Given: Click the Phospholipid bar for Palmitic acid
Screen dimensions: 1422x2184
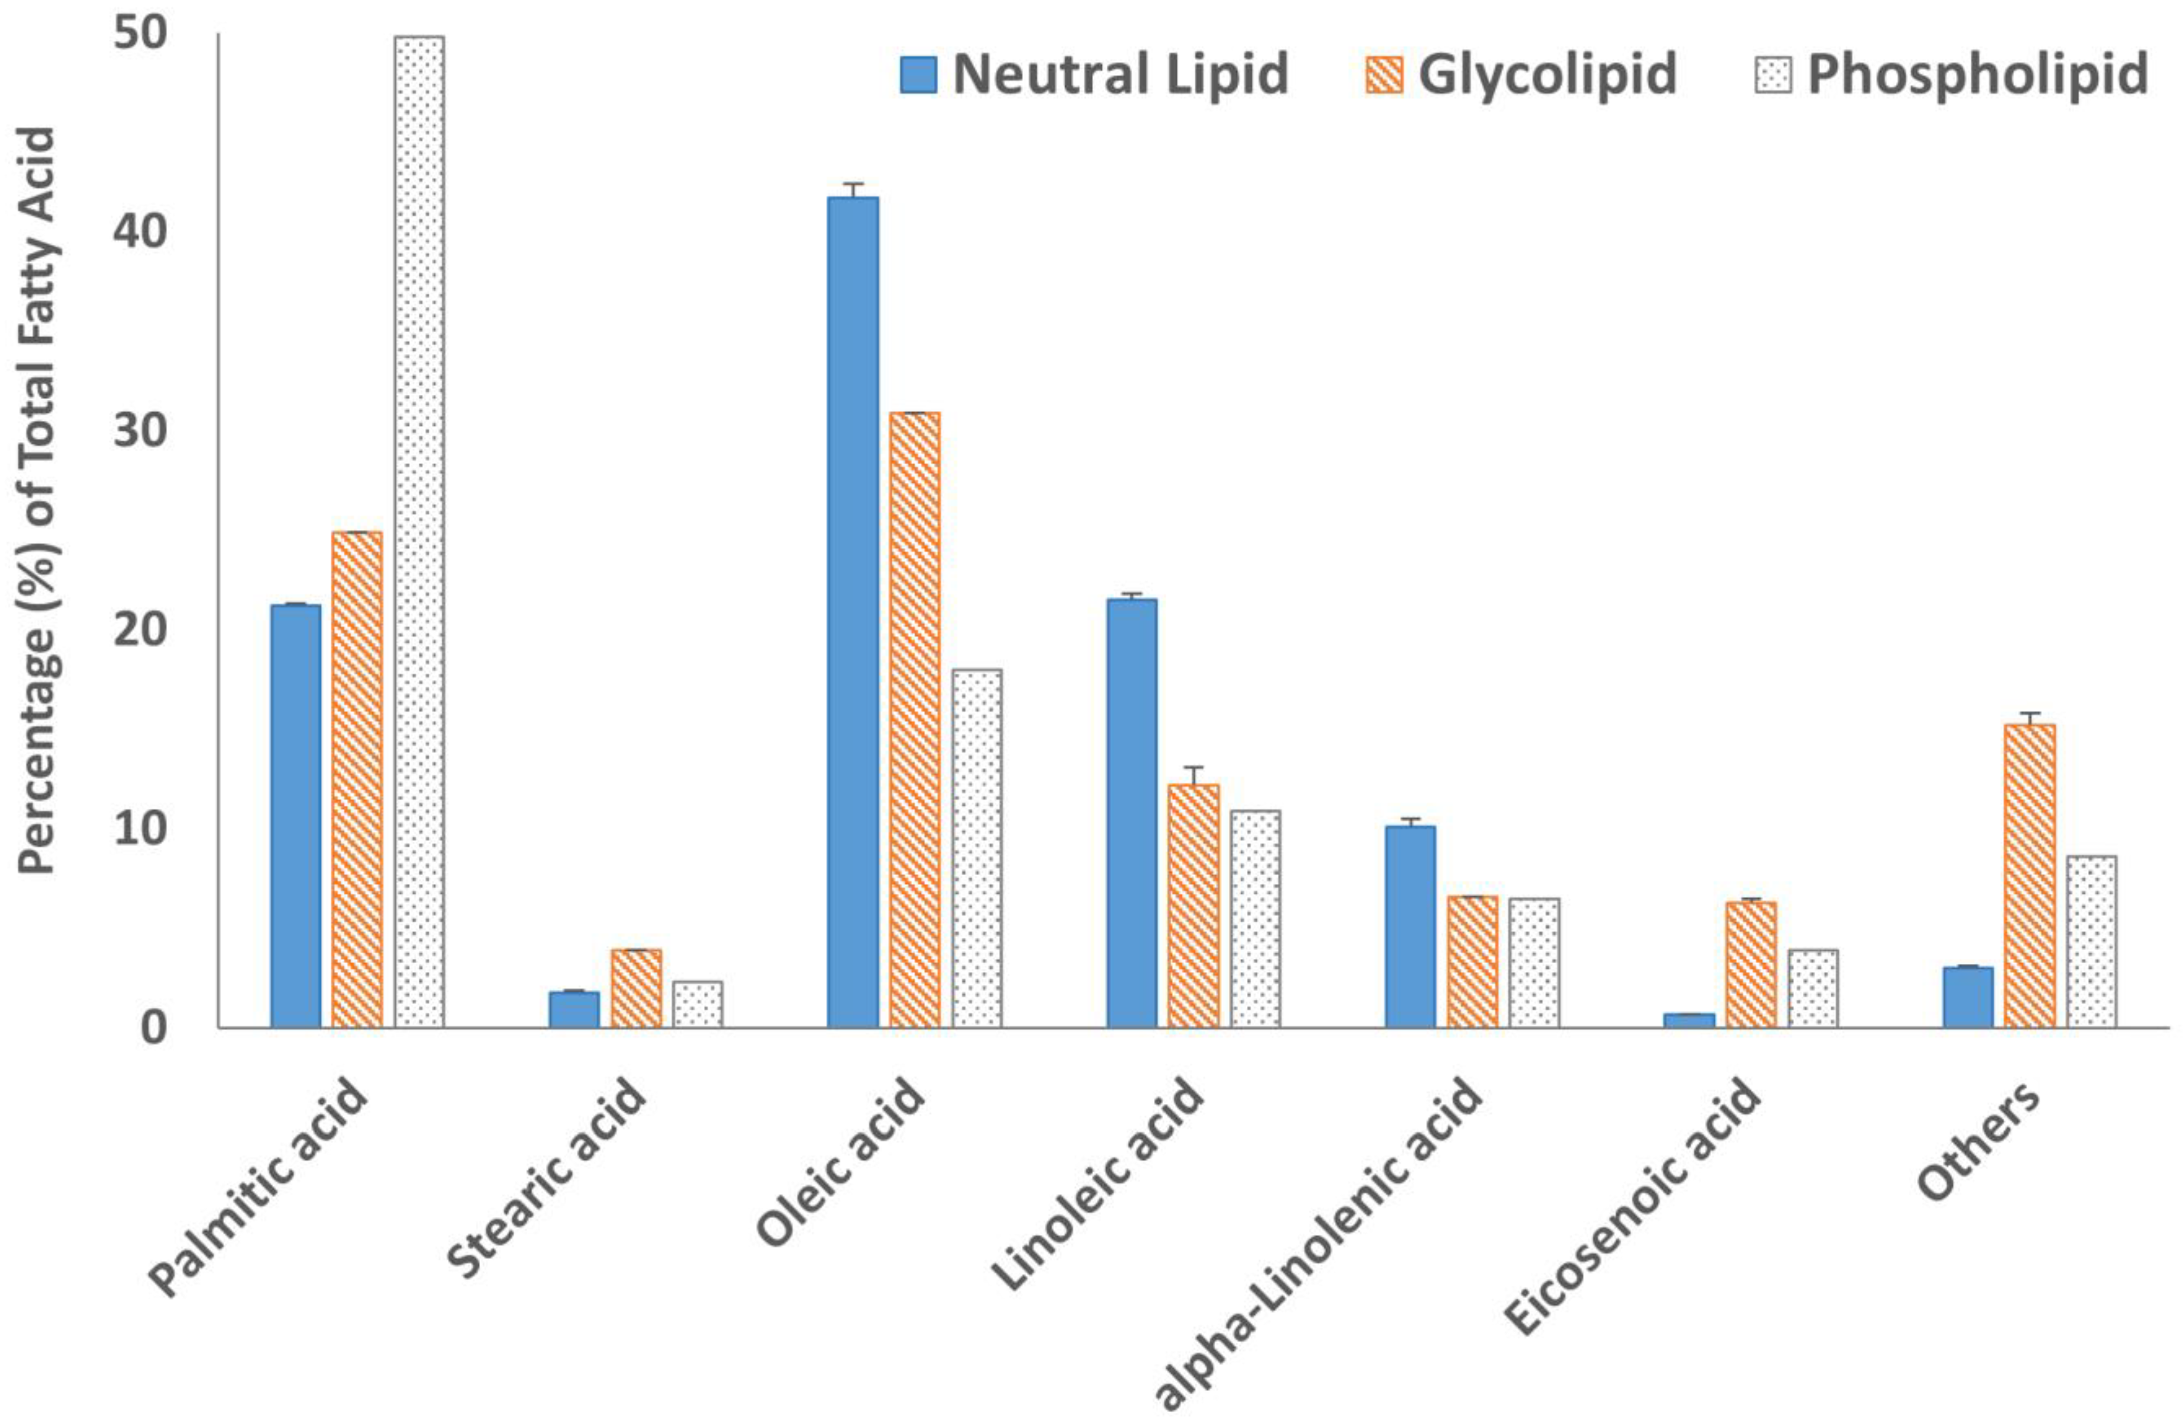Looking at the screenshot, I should click(x=419, y=532).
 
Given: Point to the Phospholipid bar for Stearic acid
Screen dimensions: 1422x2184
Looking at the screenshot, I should click(x=697, y=1004).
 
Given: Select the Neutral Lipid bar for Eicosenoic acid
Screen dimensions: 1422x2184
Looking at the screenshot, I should click(x=1688, y=1020).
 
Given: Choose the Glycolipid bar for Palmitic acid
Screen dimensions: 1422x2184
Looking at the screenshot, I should click(x=357, y=779).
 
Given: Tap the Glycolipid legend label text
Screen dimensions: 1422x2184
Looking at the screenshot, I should click(x=1547, y=73).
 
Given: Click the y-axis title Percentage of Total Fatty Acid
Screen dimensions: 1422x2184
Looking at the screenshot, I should click(x=39, y=500).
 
